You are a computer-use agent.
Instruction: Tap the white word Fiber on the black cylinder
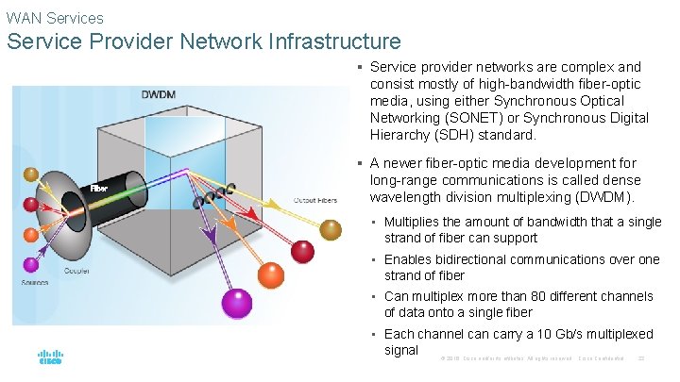tap(99, 189)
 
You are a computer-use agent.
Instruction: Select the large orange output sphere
tap(269, 274)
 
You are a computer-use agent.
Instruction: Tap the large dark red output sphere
tap(302, 250)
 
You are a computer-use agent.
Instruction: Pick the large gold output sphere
tap(331, 228)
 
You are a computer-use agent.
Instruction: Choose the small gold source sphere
tap(31, 174)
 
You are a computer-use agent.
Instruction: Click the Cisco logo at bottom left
tap(50, 358)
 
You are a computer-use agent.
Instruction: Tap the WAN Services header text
tap(55, 17)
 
